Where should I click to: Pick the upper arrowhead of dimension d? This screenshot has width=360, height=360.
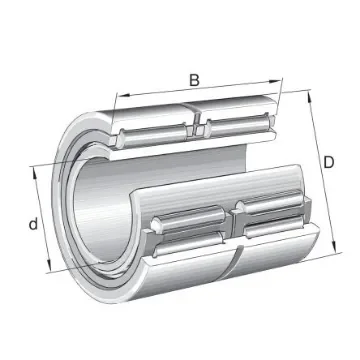(x=38, y=170)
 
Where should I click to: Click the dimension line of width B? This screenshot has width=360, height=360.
(x=200, y=94)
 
